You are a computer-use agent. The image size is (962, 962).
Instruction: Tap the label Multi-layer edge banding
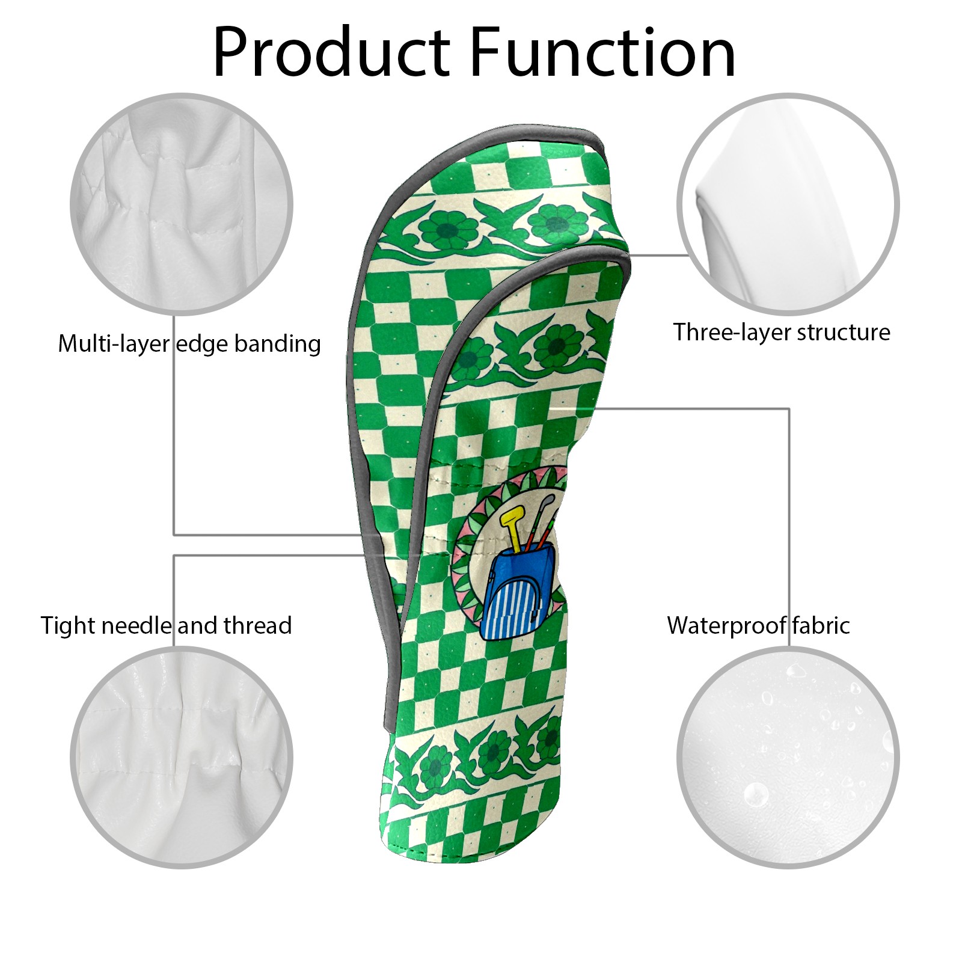coord(189,343)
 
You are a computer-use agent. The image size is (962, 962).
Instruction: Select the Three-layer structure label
coord(782,332)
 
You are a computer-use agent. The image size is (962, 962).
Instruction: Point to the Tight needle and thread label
coord(167,625)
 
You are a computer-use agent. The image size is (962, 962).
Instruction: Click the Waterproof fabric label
coord(758,625)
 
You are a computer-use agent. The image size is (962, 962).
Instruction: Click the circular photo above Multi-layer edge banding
coord(182,203)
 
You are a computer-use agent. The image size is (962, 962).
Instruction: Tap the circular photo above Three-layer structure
coord(788,203)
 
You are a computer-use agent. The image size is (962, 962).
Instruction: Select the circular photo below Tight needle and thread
coord(182,758)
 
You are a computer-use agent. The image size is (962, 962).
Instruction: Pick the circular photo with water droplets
coord(788,758)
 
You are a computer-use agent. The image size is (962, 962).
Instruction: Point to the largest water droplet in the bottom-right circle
coord(756,795)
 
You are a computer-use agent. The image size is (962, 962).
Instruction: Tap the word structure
coord(847,332)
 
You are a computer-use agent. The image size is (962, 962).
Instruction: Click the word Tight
coord(67,626)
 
